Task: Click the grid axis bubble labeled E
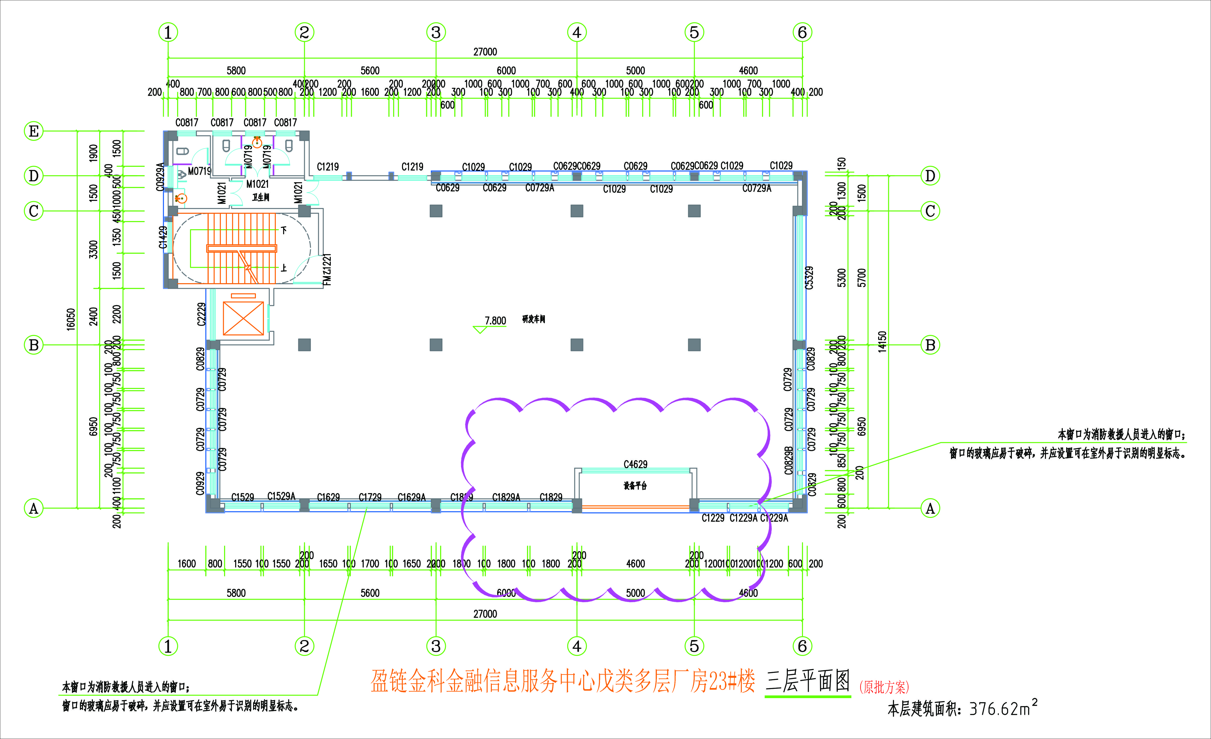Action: (x=33, y=131)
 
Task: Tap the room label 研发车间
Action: (x=533, y=319)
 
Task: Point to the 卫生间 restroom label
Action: (x=260, y=197)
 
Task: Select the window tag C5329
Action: (x=809, y=278)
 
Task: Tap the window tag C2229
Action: (x=201, y=314)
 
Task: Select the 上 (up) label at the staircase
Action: (x=284, y=268)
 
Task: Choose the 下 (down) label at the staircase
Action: (x=284, y=230)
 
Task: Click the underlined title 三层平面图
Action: (x=808, y=681)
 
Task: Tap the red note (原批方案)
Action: (x=884, y=687)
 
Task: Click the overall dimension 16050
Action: (x=71, y=320)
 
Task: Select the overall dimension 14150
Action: (x=882, y=341)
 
